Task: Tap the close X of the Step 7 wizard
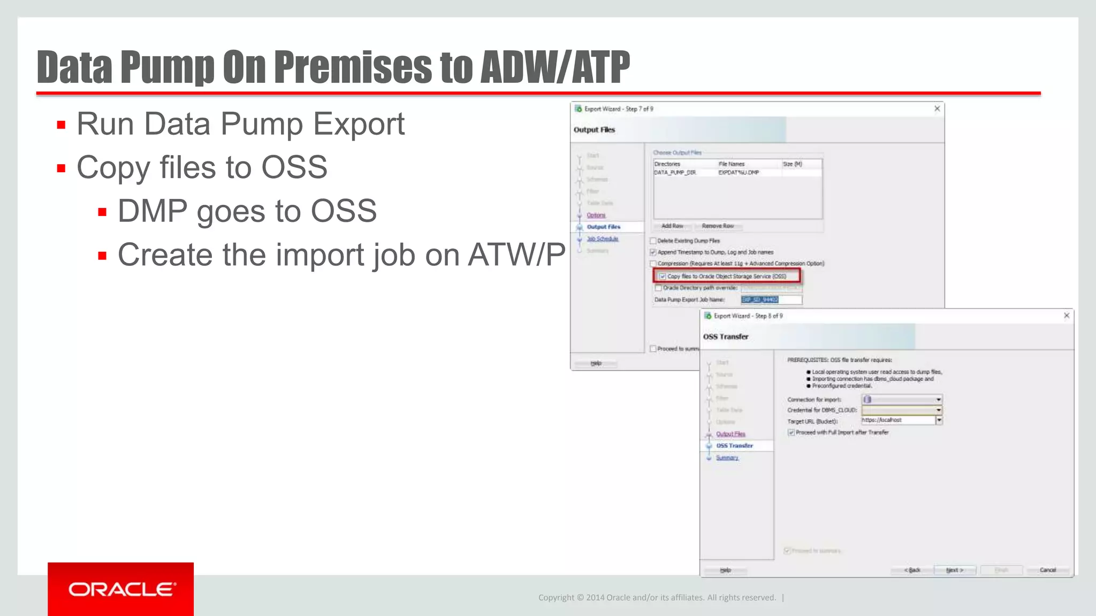point(937,109)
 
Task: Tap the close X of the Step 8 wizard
point(1067,315)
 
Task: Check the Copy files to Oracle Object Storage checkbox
point(663,276)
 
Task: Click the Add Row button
point(672,226)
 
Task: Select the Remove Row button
point(718,226)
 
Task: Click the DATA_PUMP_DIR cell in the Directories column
point(675,173)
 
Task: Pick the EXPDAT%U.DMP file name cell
point(739,173)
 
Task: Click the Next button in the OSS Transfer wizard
point(955,570)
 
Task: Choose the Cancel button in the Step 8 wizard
point(1047,570)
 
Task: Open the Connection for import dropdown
point(939,399)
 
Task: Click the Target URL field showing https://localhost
point(898,420)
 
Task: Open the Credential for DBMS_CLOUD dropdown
point(939,410)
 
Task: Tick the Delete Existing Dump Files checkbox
point(653,241)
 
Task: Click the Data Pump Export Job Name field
point(771,300)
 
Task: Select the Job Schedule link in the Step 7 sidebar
point(603,239)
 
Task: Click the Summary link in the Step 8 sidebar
point(727,458)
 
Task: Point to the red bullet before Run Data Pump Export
point(61,125)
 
